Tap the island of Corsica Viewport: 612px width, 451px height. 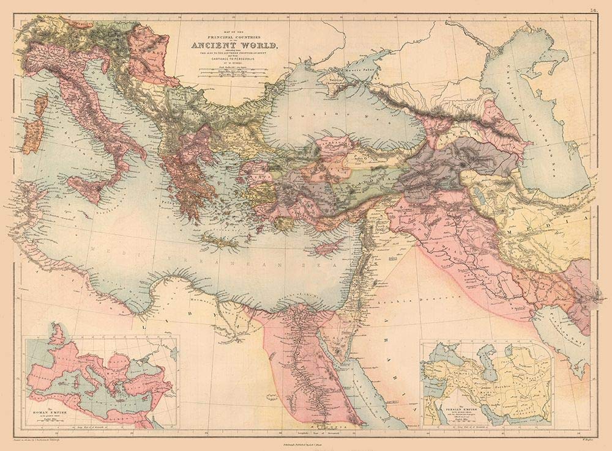coord(40,106)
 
